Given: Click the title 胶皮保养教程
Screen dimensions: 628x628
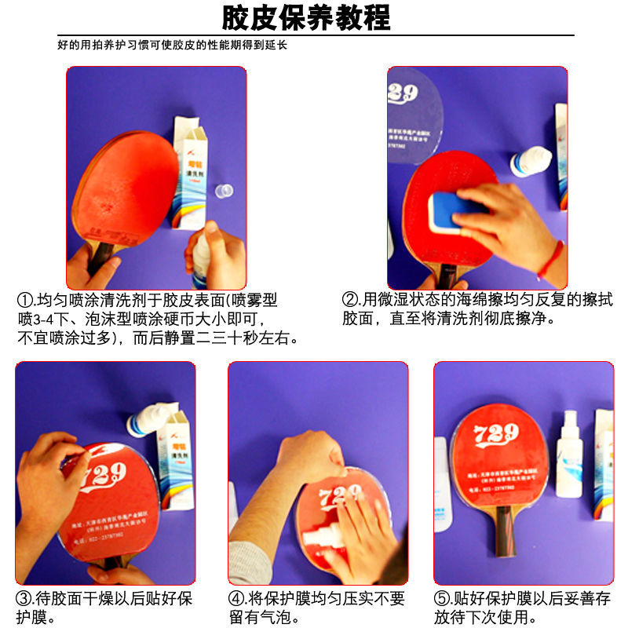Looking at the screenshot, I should click(306, 16).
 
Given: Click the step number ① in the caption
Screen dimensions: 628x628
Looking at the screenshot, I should click(25, 301).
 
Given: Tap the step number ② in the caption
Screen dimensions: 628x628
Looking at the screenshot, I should click(350, 300).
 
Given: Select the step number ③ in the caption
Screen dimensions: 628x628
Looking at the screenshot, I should click(25, 599).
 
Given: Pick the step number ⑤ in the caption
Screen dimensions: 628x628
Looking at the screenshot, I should click(444, 599).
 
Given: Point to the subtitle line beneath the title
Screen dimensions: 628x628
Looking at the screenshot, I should click(173, 46).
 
